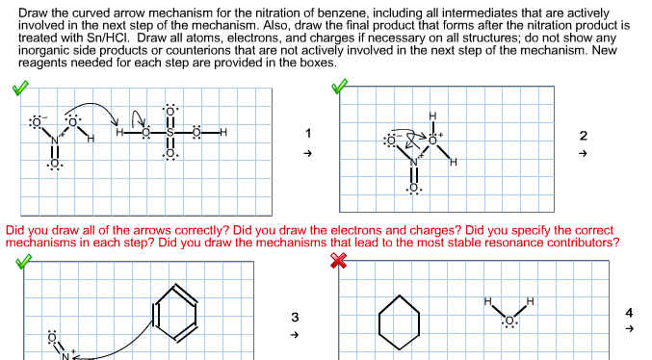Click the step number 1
[x=308, y=133]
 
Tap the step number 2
[x=583, y=135]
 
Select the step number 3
[x=295, y=316]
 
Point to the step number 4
[x=628, y=312]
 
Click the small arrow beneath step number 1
[x=308, y=154]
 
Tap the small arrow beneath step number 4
[x=628, y=329]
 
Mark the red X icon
[x=338, y=263]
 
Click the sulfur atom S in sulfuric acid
[x=170, y=133]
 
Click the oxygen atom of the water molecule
[x=509, y=321]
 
